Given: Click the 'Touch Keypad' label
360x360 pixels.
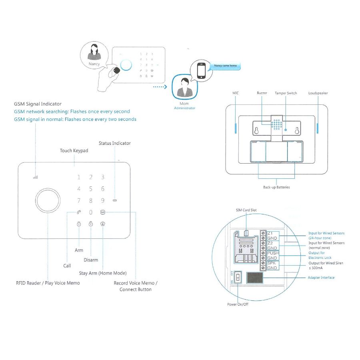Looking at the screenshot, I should pos(74,151).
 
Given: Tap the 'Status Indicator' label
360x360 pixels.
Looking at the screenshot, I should pos(114,143).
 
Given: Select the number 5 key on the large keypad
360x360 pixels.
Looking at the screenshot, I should pos(91,189).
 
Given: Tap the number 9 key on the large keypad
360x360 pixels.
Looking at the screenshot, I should pos(103,200).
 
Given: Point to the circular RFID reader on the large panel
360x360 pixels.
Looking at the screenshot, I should pos(48,199).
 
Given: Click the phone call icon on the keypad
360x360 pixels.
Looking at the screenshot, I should pos(79,212).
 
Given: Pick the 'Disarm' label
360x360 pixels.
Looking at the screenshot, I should pos(91,260).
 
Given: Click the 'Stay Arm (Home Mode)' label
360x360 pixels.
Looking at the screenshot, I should pos(103,273).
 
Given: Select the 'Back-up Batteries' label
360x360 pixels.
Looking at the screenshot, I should pos(276,187).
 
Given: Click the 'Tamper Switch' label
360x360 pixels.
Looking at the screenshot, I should pos(286,93).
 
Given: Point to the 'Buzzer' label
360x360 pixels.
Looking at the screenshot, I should pos(262,93).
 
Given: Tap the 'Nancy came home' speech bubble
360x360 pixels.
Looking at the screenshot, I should pos(225,66).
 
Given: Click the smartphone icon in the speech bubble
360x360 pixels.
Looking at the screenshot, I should pos(202,70).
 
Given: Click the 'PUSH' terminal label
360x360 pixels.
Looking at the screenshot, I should pos(273,253).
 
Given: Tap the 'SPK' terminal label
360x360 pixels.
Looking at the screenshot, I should pos(272,263).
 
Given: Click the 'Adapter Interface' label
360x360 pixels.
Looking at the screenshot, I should pos(321,278).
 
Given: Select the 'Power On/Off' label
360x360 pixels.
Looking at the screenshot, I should pos(238,304).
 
